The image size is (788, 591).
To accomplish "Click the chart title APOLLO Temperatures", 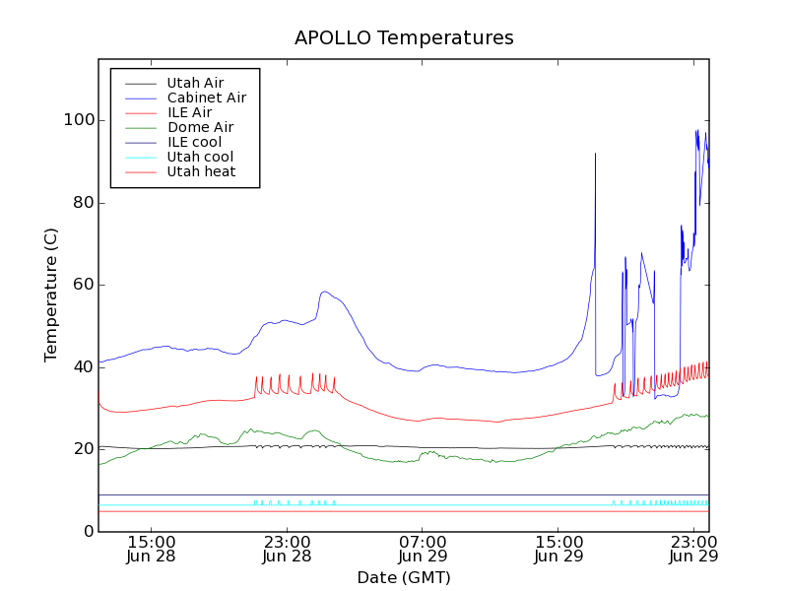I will pos(404,38).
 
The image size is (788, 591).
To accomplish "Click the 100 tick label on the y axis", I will pos(79,120).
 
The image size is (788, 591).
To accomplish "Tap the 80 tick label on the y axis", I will pos(83,203).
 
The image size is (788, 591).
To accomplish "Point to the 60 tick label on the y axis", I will pos(83,285).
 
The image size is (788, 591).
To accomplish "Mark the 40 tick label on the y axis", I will pos(83,367).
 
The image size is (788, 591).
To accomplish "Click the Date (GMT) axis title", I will pos(404,577).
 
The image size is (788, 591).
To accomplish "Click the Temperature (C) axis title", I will pos(51,295).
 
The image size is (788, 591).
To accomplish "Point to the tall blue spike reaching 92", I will pos(595,155).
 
